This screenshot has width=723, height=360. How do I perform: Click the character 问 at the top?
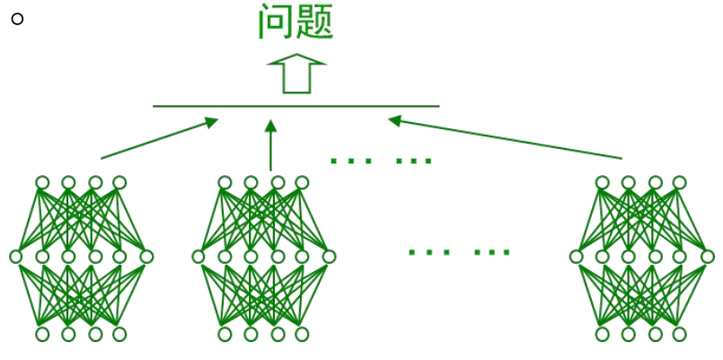[275, 22]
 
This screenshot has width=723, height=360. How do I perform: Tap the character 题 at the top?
[316, 22]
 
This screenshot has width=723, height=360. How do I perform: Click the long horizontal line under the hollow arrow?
[296, 106]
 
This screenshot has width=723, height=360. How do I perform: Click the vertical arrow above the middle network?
[270, 144]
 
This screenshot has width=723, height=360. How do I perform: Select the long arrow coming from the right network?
[504, 138]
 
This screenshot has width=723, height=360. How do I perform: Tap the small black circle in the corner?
[16, 19]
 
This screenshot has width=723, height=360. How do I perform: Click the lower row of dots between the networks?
[459, 251]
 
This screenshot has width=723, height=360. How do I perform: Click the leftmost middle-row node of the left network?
[15, 257]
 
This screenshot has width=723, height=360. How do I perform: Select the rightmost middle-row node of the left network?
[146, 257]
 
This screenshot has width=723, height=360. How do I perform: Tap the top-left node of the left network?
[42, 182]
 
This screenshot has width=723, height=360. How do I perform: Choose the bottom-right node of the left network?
[120, 334]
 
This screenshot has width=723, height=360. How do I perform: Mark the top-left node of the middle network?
[225, 182]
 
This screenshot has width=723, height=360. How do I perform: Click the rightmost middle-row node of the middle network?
[329, 257]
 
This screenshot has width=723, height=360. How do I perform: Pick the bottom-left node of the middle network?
[225, 334]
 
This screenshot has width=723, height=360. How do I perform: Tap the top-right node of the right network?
[680, 182]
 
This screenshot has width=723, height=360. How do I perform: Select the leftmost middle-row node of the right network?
[576, 257]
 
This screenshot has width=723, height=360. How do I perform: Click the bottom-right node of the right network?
[680, 334]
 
